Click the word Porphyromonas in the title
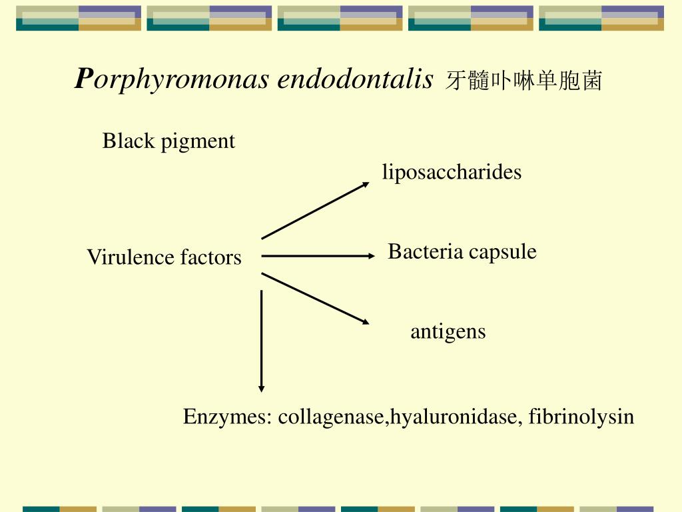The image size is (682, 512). click(x=173, y=80)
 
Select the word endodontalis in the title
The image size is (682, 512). click(x=355, y=79)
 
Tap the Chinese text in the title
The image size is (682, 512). click(x=523, y=81)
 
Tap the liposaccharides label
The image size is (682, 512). click(x=452, y=173)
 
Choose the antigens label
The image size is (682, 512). click(x=448, y=332)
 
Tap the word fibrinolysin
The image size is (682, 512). click(x=581, y=417)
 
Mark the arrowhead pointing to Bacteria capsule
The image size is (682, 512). click(x=372, y=255)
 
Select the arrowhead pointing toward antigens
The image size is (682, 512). click(x=365, y=322)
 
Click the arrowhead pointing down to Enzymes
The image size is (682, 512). click(x=261, y=388)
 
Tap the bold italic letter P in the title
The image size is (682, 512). click(x=82, y=79)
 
